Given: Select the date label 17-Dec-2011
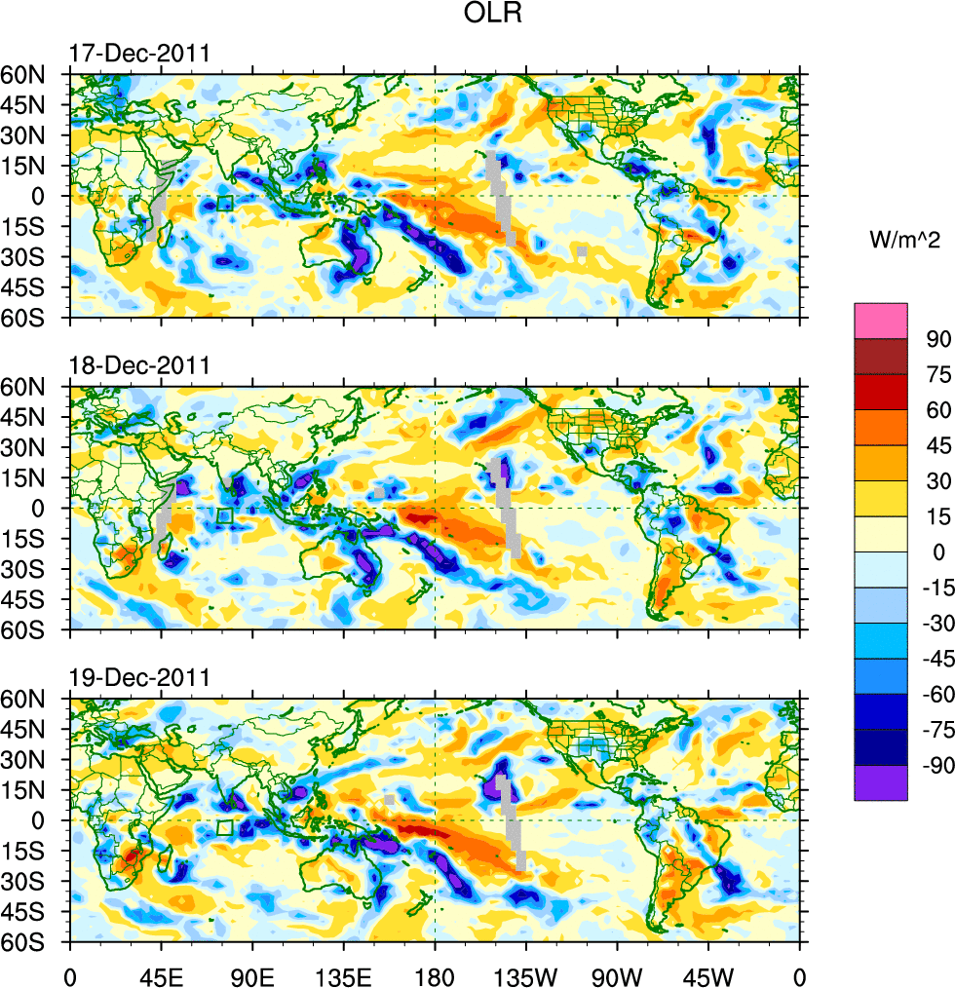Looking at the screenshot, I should point(138,54).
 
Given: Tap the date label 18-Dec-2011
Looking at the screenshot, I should point(138,366).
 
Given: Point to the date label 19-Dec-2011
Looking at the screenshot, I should point(138,678).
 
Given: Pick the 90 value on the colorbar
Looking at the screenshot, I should point(938,339).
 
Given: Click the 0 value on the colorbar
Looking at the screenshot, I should point(938,553).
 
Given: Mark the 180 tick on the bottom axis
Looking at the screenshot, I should point(435,974).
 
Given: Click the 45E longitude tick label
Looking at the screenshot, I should point(161,974).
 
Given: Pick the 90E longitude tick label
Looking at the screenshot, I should point(252,974).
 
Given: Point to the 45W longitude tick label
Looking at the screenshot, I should point(708,974).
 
